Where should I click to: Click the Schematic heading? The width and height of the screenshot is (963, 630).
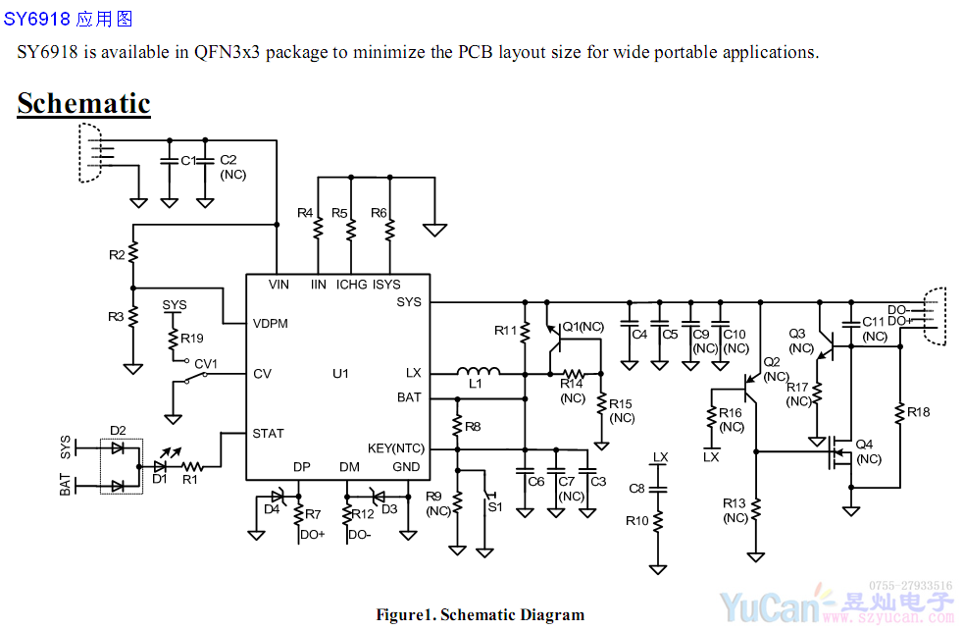click(x=83, y=104)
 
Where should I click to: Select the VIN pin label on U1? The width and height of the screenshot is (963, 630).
click(x=279, y=285)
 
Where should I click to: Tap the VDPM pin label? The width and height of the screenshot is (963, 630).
click(x=270, y=324)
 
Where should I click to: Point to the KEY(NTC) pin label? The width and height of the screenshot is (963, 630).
click(x=396, y=447)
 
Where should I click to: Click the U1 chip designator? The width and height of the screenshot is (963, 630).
click(x=340, y=374)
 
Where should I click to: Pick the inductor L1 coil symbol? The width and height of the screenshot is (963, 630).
click(x=479, y=372)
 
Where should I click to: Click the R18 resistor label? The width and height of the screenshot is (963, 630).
click(x=919, y=412)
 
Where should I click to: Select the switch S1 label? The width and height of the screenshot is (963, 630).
click(x=495, y=506)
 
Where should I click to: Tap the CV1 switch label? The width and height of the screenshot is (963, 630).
click(x=206, y=363)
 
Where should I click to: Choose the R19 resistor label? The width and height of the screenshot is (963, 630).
click(x=192, y=339)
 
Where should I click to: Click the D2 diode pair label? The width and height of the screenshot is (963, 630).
click(x=119, y=430)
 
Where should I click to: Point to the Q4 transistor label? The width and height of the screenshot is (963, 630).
click(x=864, y=444)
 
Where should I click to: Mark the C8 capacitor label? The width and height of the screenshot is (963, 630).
click(x=636, y=489)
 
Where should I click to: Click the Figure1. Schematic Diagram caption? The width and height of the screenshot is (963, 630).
click(x=480, y=615)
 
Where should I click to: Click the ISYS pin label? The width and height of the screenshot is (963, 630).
click(x=386, y=285)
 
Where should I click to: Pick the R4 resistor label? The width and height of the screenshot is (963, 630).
click(x=305, y=213)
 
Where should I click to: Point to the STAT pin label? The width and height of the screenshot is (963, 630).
click(x=268, y=433)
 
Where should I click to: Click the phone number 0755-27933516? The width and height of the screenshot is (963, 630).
click(x=911, y=586)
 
